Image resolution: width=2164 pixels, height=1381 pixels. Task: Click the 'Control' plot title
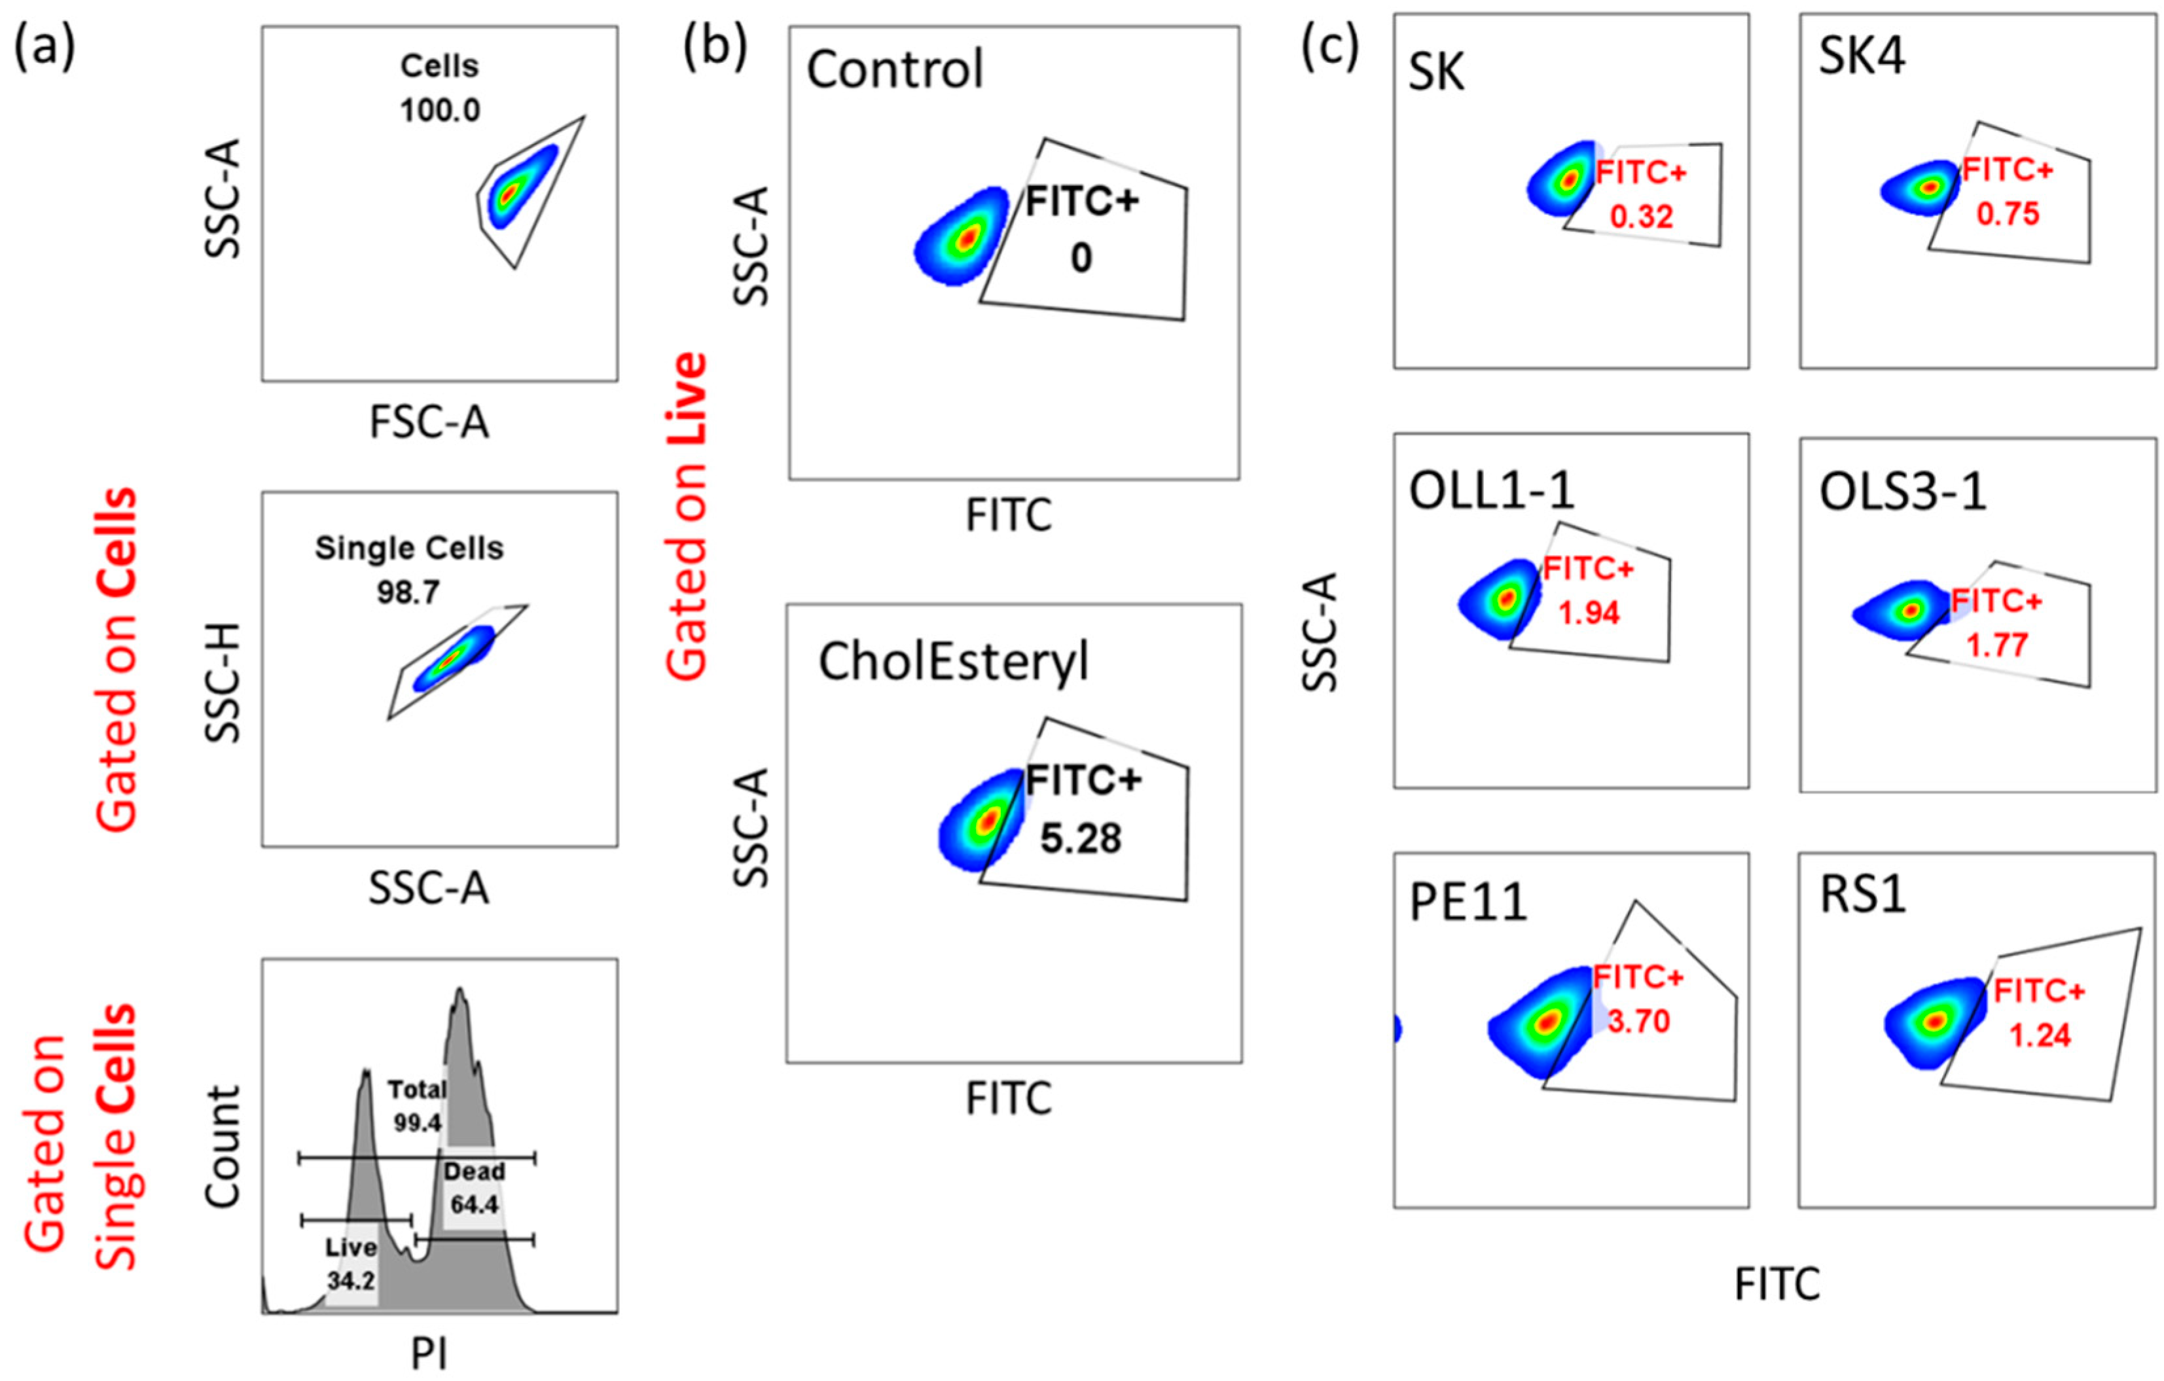coord(895,70)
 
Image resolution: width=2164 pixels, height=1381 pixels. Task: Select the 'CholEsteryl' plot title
coord(952,663)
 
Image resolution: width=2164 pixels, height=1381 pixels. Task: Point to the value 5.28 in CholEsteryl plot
coord(1081,838)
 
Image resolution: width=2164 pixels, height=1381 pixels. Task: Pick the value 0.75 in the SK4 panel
coord(2008,214)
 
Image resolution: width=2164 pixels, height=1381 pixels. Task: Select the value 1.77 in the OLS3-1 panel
coord(1997,645)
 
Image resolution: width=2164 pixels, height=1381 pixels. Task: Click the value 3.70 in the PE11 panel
coord(1638,1021)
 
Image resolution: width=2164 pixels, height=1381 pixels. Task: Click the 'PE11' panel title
coord(1468,903)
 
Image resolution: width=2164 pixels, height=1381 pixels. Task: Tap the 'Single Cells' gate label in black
coord(409,548)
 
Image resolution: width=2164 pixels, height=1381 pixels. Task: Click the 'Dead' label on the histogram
coord(474,1172)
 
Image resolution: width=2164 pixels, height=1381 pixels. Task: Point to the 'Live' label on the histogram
coord(350,1248)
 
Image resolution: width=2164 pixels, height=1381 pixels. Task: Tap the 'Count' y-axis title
coord(223,1145)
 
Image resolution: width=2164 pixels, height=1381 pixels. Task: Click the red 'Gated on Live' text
coord(687,516)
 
